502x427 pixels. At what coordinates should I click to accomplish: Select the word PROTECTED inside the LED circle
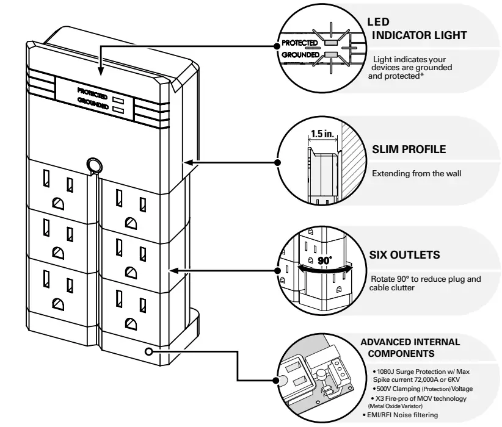click(299, 44)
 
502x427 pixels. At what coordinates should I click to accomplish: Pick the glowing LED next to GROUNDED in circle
click(331, 55)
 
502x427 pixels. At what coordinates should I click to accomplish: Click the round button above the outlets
click(93, 165)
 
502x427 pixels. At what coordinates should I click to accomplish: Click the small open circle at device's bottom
click(149, 351)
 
